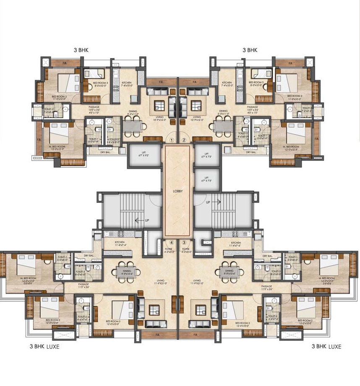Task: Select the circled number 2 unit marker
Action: [x=184, y=140]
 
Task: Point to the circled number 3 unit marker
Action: [x=184, y=242]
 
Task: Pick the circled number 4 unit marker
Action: [x=172, y=242]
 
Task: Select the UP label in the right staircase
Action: [x=208, y=202]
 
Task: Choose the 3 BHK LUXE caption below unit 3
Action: [x=326, y=347]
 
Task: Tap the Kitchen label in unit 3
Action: [x=236, y=243]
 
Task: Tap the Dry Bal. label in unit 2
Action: [x=251, y=152]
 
